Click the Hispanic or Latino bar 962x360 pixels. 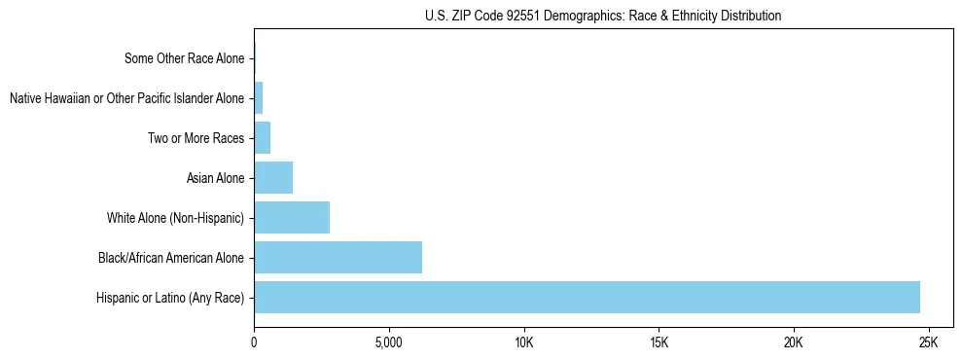point(587,298)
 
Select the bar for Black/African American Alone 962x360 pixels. point(338,258)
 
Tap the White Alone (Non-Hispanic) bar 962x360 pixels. point(292,218)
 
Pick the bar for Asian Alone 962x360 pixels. point(273,178)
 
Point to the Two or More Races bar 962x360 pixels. point(262,138)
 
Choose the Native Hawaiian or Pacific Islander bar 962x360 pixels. point(259,98)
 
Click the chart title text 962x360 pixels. point(603,17)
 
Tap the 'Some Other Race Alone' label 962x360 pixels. point(185,58)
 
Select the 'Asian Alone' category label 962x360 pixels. point(216,178)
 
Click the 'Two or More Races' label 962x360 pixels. point(196,138)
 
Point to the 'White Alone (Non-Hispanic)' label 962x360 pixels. point(176,218)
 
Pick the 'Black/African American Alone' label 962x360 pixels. point(171,258)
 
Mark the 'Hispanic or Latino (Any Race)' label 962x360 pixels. point(170,298)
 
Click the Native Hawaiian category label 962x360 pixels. point(126,98)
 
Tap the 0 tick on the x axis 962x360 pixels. point(254,343)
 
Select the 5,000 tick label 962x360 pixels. point(388,343)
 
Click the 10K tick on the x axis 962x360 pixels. point(523,343)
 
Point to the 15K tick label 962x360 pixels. point(659,343)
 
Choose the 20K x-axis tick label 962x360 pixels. point(793,343)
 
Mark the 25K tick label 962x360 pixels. point(928,343)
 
